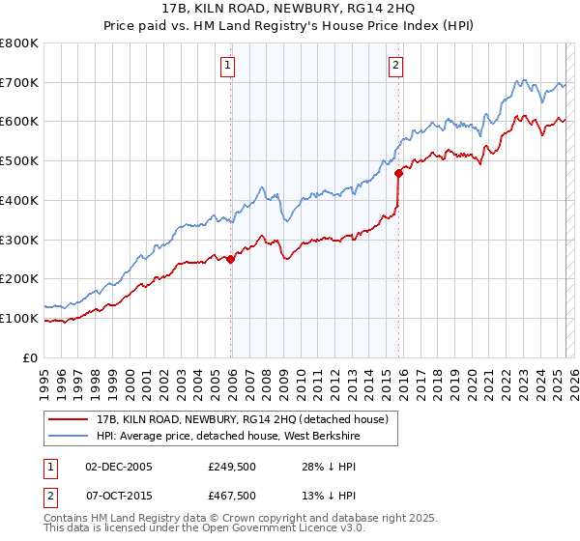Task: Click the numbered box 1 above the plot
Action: point(227,66)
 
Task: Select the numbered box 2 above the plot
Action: point(396,66)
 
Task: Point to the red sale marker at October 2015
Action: point(399,173)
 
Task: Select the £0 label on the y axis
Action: point(31,357)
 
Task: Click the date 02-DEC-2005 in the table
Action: point(119,467)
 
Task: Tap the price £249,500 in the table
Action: point(231,467)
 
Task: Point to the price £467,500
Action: point(231,496)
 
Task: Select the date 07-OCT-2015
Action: point(119,496)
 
